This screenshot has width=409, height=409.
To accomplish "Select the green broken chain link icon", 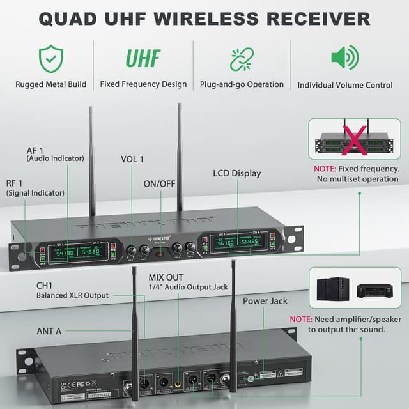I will coord(242,59).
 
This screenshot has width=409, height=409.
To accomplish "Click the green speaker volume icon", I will coord(344,58).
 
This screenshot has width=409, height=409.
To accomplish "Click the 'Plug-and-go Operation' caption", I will coord(242,84).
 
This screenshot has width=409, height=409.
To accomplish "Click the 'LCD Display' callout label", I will coord(236,173).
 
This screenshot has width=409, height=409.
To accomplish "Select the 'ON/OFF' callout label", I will coord(159,183).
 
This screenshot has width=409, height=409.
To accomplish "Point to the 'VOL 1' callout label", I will coord(132,158).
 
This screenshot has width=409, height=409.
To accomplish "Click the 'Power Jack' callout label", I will coord(265,300).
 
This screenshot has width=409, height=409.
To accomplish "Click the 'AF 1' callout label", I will coord(36,148).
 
